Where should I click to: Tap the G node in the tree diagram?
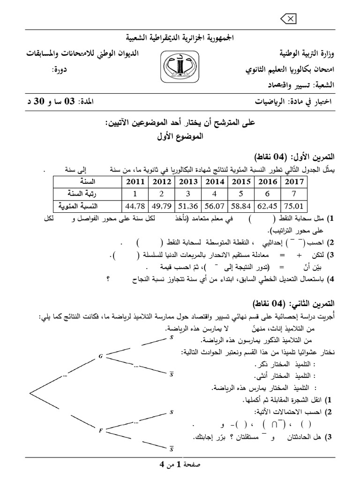[100, 356]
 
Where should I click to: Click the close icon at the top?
[288, 18]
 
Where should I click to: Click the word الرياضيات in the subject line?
[269, 102]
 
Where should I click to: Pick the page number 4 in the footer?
[162, 465]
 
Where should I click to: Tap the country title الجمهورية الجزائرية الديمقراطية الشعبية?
[180, 37]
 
